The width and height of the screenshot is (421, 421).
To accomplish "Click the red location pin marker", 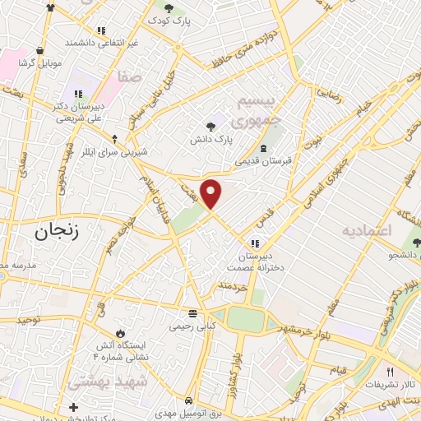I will (x=211, y=192).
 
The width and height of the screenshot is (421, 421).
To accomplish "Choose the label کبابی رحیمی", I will (x=192, y=326).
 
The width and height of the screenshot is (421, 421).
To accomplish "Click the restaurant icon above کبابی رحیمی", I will (x=192, y=313).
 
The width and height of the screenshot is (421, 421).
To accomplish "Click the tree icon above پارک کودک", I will (x=157, y=7).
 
